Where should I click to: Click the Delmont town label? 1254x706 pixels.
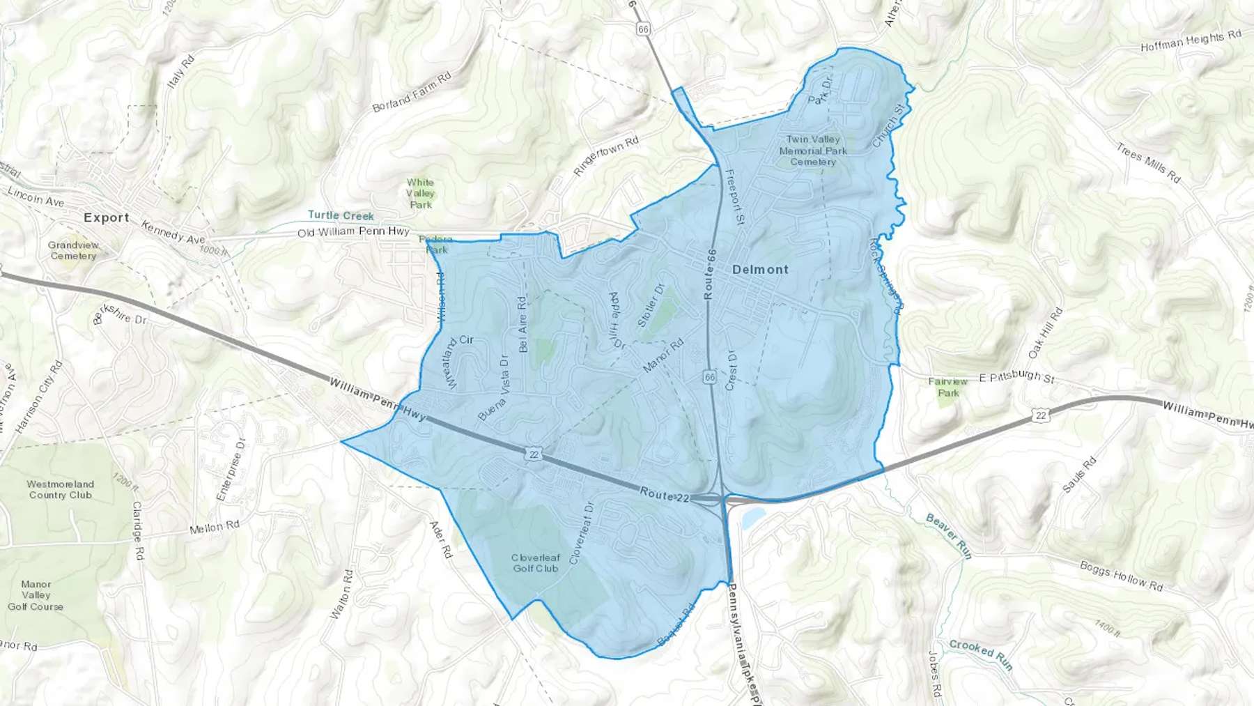(760, 270)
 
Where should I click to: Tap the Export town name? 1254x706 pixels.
(107, 217)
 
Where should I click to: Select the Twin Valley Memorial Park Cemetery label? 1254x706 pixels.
(813, 151)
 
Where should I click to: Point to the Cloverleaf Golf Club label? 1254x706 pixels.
(536, 563)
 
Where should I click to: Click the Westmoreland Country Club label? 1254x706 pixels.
(61, 489)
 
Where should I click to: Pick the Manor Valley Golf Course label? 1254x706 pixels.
(36, 595)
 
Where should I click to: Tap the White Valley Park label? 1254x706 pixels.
(420, 194)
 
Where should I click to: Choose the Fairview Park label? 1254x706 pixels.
(948, 387)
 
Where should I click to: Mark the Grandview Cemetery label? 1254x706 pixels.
(73, 250)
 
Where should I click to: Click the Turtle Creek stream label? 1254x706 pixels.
(341, 215)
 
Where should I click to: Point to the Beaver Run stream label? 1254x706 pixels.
(948, 535)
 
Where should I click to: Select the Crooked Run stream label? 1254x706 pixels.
(981, 654)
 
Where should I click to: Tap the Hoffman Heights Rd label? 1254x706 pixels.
(1191, 41)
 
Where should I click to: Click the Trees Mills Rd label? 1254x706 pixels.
(1148, 163)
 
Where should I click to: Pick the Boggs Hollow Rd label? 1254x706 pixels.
(1121, 576)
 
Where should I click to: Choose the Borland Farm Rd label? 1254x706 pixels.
(412, 92)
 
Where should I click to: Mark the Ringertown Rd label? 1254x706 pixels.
(605, 156)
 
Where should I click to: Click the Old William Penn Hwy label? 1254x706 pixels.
(353, 231)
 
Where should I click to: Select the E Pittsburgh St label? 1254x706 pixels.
(1016, 377)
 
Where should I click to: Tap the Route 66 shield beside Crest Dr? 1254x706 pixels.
(709, 377)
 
